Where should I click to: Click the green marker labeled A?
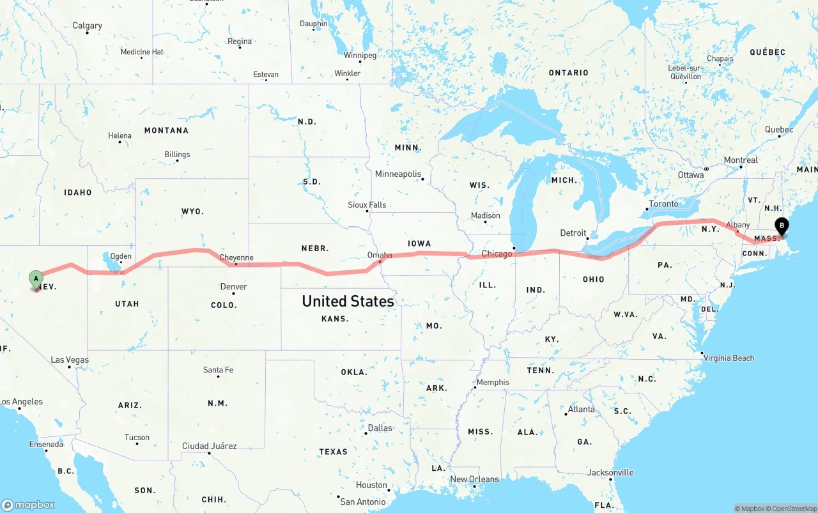[36, 278]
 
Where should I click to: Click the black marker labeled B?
[781, 226]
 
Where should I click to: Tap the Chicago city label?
[497, 254]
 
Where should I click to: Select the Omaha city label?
[380, 255]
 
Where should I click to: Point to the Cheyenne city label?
[236, 258]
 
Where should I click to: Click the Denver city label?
[233, 287]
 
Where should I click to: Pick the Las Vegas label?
[70, 360]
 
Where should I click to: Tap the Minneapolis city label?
[398, 174]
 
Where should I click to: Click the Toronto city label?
[663, 204]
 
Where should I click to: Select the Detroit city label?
[573, 233]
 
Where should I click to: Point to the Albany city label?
[738, 225]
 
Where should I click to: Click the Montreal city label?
[741, 160]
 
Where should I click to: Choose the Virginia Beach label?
[729, 358]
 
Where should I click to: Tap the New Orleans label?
[474, 479]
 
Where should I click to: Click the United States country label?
[348, 301]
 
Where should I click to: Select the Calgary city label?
[87, 26]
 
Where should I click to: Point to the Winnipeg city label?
[360, 56]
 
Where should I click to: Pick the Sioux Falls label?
[367, 205]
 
